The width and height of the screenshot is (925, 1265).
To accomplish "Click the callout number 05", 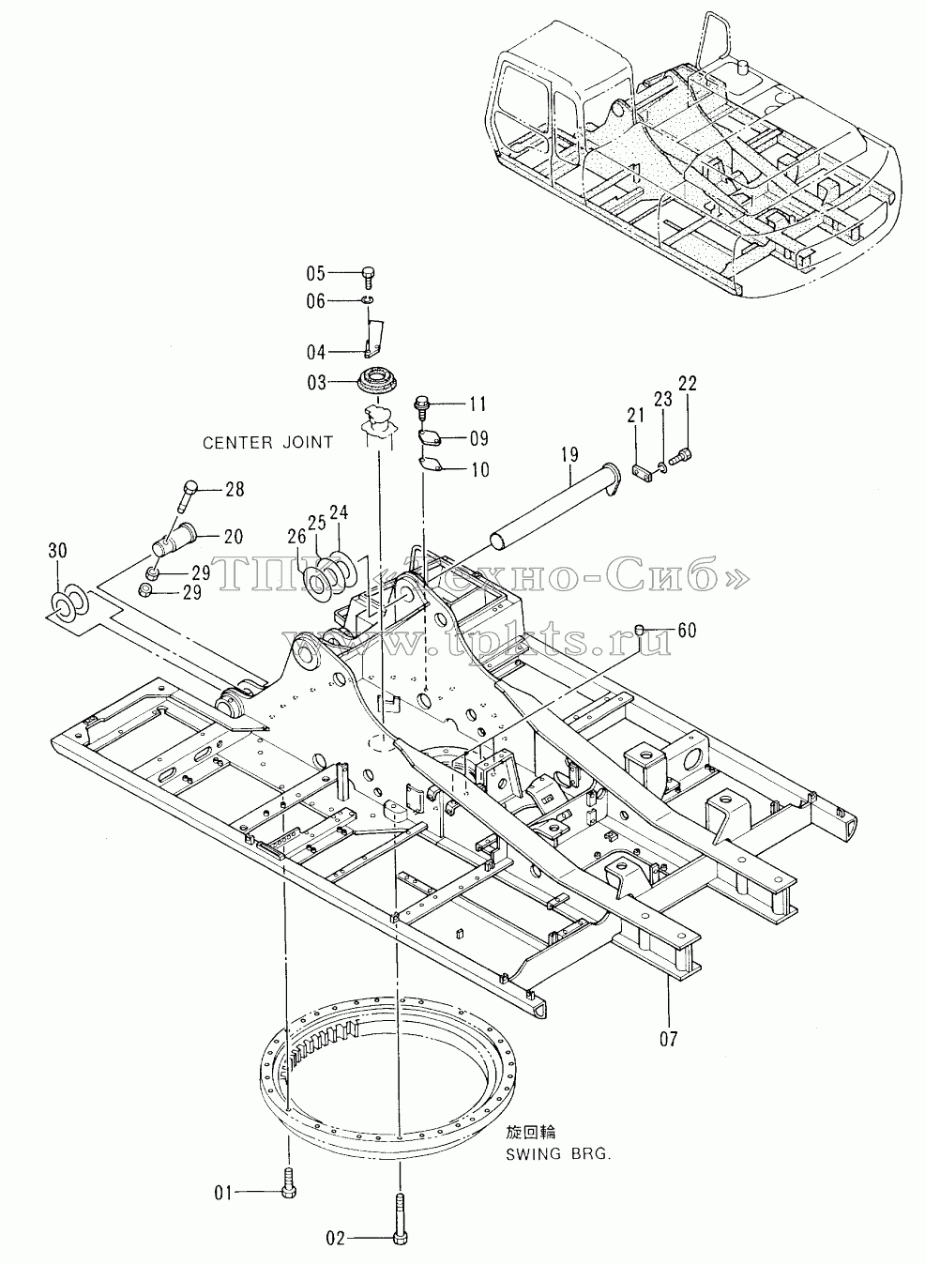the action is (315, 274).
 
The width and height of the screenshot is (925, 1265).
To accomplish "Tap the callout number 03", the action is (317, 383).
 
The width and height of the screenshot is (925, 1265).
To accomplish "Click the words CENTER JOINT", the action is (267, 443).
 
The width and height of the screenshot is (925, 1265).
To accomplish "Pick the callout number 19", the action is (569, 454).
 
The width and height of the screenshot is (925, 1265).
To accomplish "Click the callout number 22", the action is (688, 384).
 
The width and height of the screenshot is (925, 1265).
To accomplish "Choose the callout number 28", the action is (235, 489).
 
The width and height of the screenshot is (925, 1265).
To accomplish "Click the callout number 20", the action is (234, 537).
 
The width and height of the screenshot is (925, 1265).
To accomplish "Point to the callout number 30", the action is (57, 550).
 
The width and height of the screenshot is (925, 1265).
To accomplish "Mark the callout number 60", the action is (687, 630).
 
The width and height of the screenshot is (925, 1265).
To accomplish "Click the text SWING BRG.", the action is (558, 1153).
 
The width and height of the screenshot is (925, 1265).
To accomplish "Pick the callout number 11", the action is (478, 404).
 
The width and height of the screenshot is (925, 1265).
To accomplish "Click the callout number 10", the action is (480, 470).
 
